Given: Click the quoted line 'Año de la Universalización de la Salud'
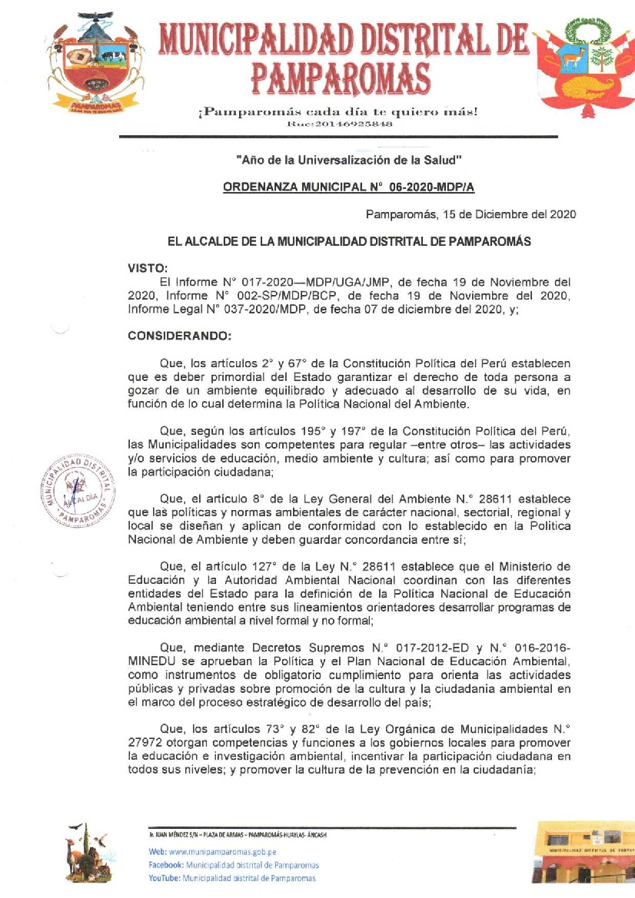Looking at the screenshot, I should [348, 161].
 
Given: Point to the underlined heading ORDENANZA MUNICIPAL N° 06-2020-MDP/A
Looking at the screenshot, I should [354, 187].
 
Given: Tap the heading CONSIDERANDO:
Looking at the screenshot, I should [174, 336].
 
